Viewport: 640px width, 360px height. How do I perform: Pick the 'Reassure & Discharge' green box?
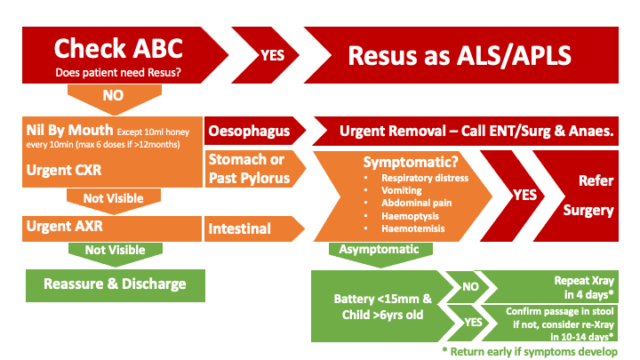coord(113,284)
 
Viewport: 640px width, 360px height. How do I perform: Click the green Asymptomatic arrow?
coord(386,251)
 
